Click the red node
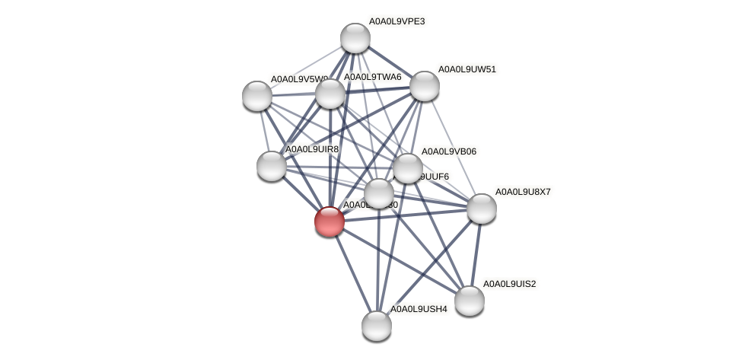coord(329,221)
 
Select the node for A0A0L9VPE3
coord(355,38)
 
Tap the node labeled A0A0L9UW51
coord(425,86)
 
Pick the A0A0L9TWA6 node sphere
coord(330,94)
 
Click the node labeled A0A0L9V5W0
coord(257,96)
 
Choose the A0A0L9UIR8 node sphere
coord(271,166)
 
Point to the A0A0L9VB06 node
coord(408,168)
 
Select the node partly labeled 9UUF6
coord(379,193)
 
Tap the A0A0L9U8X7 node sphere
coord(481,209)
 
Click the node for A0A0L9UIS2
coord(470,301)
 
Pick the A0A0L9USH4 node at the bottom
coord(377,326)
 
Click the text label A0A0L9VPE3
coord(396,21)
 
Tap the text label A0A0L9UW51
coord(467,69)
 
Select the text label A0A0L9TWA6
coord(372,77)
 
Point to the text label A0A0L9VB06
coord(448,151)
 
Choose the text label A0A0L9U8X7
coord(523,192)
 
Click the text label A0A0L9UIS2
coord(509,284)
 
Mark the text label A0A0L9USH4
coord(419,309)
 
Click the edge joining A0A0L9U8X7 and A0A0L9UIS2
coord(476,254)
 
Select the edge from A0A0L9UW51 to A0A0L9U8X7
coord(453,147)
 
